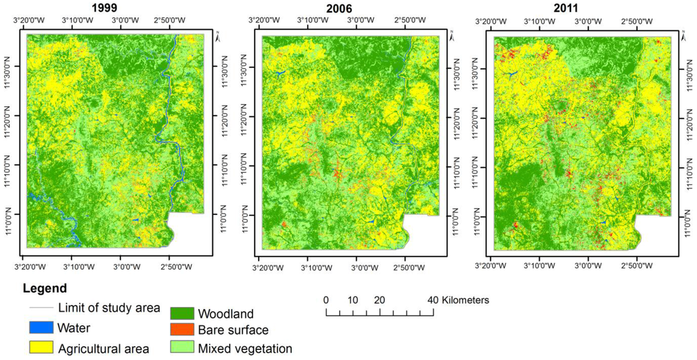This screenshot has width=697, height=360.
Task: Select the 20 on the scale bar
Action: click(x=379, y=300)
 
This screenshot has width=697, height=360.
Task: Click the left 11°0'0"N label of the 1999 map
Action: click(x=11, y=214)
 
